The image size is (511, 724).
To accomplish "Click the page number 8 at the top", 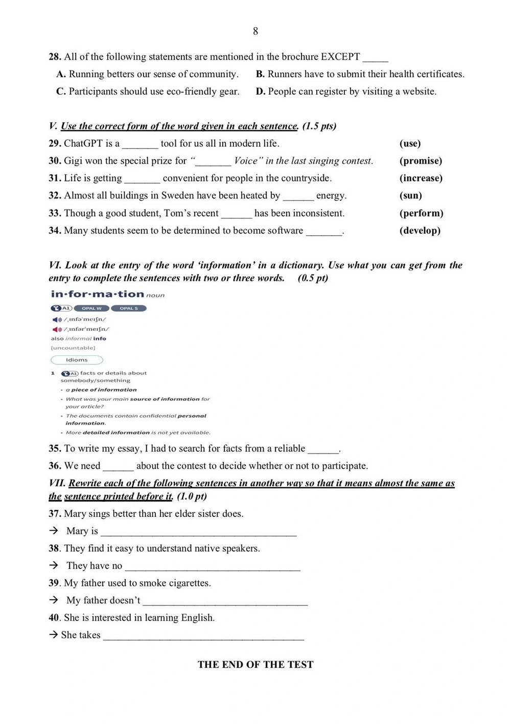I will tap(255, 31).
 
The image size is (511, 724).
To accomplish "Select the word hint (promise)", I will tap(421, 161).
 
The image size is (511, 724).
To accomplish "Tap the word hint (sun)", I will tap(410, 196).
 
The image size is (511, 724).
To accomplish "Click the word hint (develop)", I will tap(420, 231).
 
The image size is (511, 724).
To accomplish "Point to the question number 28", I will tap(55, 57).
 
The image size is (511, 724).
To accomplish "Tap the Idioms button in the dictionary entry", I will tap(77, 360).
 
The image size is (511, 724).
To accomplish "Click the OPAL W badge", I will tap(91, 308).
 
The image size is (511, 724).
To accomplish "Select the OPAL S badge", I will tap(129, 308).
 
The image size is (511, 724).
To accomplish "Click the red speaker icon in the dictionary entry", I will tap(57, 329).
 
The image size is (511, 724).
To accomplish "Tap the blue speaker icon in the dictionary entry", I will tap(57, 320).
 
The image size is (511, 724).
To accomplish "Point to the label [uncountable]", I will tap(73, 348).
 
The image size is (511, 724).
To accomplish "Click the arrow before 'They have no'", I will tap(54, 565).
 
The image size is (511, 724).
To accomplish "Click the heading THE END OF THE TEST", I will tap(255, 665).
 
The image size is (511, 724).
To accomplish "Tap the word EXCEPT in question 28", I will tap(340, 57).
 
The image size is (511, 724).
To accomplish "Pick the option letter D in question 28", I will tap(260, 92).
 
